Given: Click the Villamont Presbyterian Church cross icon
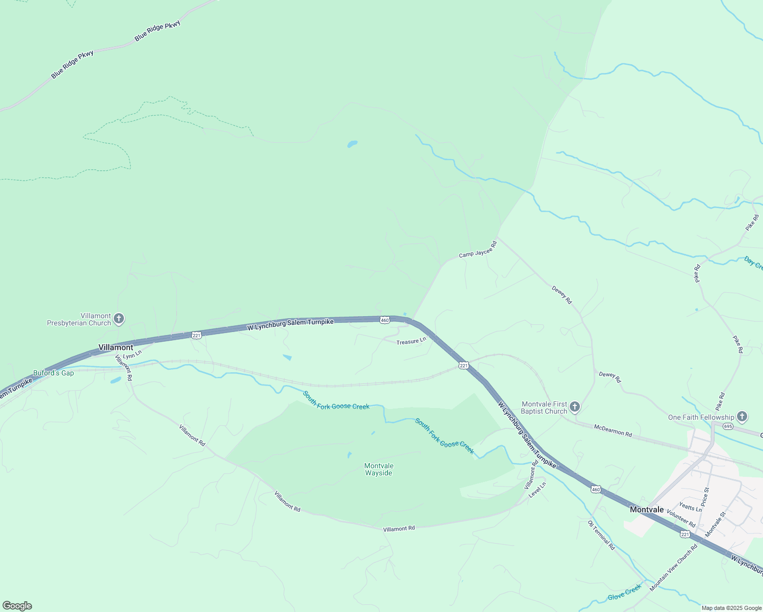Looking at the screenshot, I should pos(119,319).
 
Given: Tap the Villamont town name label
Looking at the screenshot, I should pos(116,347).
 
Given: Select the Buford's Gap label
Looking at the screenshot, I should pos(54,373).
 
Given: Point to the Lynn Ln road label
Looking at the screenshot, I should pos(132,353).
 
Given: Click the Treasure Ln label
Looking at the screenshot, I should pos(411,341).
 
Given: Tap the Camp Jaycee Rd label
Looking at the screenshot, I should pos(477,250).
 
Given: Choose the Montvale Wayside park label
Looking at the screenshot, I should pos(379,469).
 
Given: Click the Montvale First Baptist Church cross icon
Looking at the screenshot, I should pos(575,407).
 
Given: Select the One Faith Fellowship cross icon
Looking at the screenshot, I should pos(742,417).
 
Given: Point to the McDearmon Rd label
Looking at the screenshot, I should pos(613,430).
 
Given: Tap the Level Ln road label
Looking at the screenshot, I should pos(538,490).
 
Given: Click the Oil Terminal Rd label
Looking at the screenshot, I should pos(602,535).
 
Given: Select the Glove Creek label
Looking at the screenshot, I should pos(624,593).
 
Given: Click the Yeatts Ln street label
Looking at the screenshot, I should pos(691,507).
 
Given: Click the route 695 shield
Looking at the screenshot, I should pos(728,426).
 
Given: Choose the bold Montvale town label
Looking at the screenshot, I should pos(647,509).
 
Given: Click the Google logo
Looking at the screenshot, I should pos(17,606).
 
